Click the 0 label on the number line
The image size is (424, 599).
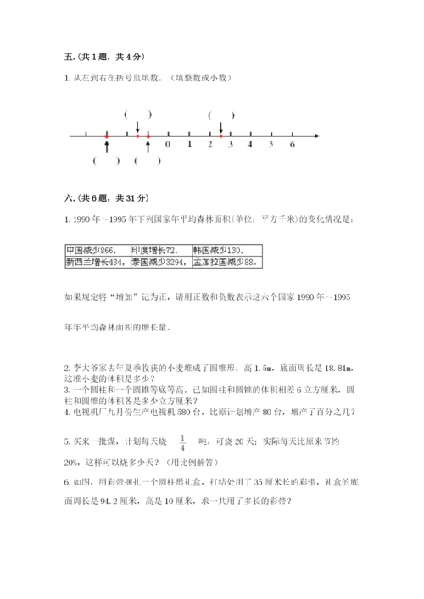[x=168, y=145]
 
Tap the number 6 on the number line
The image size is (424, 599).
[x=292, y=145]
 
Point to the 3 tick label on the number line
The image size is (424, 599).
[x=230, y=145]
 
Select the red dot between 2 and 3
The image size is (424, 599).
[x=220, y=135]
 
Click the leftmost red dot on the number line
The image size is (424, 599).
[x=106, y=135]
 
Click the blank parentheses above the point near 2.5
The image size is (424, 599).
[x=220, y=114]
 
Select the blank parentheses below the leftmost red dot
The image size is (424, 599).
[x=106, y=161]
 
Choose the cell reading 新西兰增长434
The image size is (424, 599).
[x=96, y=263]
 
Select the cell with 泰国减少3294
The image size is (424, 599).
[x=159, y=263]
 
